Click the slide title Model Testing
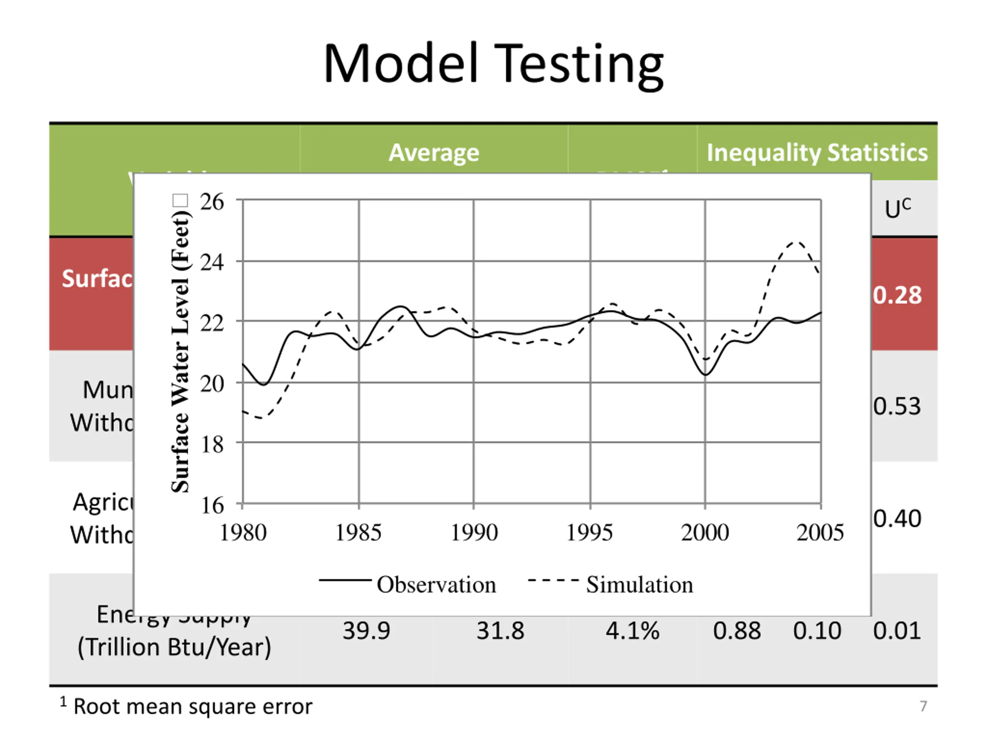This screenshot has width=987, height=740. pos(493,63)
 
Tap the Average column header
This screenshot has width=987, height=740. pos(434,153)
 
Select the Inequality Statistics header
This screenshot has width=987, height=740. pos(817,153)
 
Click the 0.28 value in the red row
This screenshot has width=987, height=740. pos(897,295)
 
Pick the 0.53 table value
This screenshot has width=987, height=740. pos(897,406)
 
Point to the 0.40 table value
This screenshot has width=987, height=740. pos(897,519)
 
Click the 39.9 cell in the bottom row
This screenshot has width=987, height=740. pos(366,631)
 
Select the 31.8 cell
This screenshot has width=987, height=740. pos(500,631)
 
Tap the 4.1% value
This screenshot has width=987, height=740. pos(632,631)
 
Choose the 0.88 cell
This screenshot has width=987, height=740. pos(737,631)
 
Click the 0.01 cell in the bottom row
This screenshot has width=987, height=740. pos(897,631)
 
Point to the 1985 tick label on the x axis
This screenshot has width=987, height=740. pos(358,533)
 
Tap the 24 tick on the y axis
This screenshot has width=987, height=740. pos(212,262)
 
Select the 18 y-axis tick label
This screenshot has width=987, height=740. pos(212,444)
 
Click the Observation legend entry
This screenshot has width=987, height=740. pos(436,585)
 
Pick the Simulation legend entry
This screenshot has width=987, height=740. pos(639,585)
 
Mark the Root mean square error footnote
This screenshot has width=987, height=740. pos(192,706)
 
